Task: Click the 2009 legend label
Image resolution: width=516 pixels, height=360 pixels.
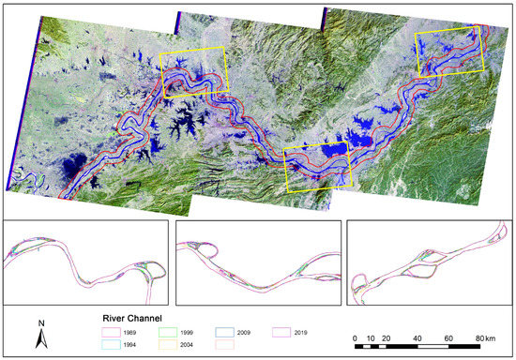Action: click(255, 331)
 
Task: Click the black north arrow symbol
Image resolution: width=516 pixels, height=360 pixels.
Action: click(41, 338)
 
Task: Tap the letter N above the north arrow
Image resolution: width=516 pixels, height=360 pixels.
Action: click(41, 323)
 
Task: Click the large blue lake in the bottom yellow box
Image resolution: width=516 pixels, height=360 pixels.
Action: click(331, 152)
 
